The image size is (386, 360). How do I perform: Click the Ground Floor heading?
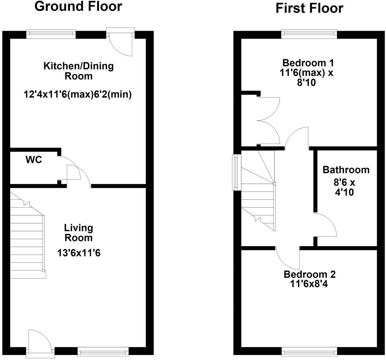coord(78,6)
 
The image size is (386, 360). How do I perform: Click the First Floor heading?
coord(309,8)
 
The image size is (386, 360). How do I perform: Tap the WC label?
coord(34,160)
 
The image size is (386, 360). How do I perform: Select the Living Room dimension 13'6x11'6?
coord(79,253)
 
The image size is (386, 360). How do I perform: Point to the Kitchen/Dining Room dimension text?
coord(78,95)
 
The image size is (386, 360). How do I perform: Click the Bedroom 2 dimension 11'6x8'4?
coord(309,284)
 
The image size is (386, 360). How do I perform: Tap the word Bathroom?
coord(346,170)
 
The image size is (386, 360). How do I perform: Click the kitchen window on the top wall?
coord(51,34)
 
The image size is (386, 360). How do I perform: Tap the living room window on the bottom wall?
coord(103,351)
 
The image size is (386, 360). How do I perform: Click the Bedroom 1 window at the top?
coord(309,34)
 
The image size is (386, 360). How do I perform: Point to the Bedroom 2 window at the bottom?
coord(309,351)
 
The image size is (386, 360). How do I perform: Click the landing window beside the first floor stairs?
coord(237,172)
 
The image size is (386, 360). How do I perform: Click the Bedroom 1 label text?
coord(308,63)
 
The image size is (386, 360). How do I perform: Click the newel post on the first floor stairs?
coord(274,184)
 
